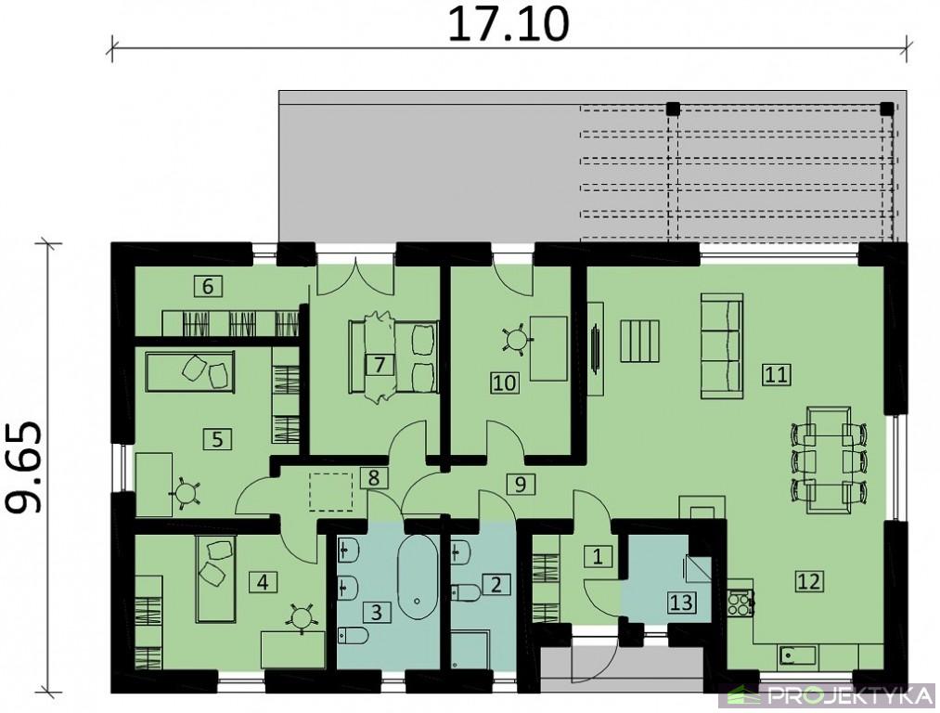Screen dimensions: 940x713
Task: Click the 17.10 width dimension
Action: tap(509, 25)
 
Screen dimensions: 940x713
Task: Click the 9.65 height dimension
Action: tap(25, 468)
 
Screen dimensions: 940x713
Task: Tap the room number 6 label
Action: tap(208, 286)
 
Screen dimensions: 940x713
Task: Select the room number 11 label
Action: tap(777, 375)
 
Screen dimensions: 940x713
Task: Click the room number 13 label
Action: tap(682, 603)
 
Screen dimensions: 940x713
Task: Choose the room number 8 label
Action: tap(374, 478)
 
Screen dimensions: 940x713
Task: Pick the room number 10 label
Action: tap(505, 382)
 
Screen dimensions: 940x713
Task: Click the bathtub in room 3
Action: tap(418, 577)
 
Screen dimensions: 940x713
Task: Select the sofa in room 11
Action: tap(722, 346)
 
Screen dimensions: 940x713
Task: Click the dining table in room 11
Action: tap(829, 460)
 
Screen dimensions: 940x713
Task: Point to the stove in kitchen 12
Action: tap(741, 603)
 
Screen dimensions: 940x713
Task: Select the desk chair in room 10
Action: tap(516, 340)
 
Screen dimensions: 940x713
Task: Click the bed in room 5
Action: tap(190, 371)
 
